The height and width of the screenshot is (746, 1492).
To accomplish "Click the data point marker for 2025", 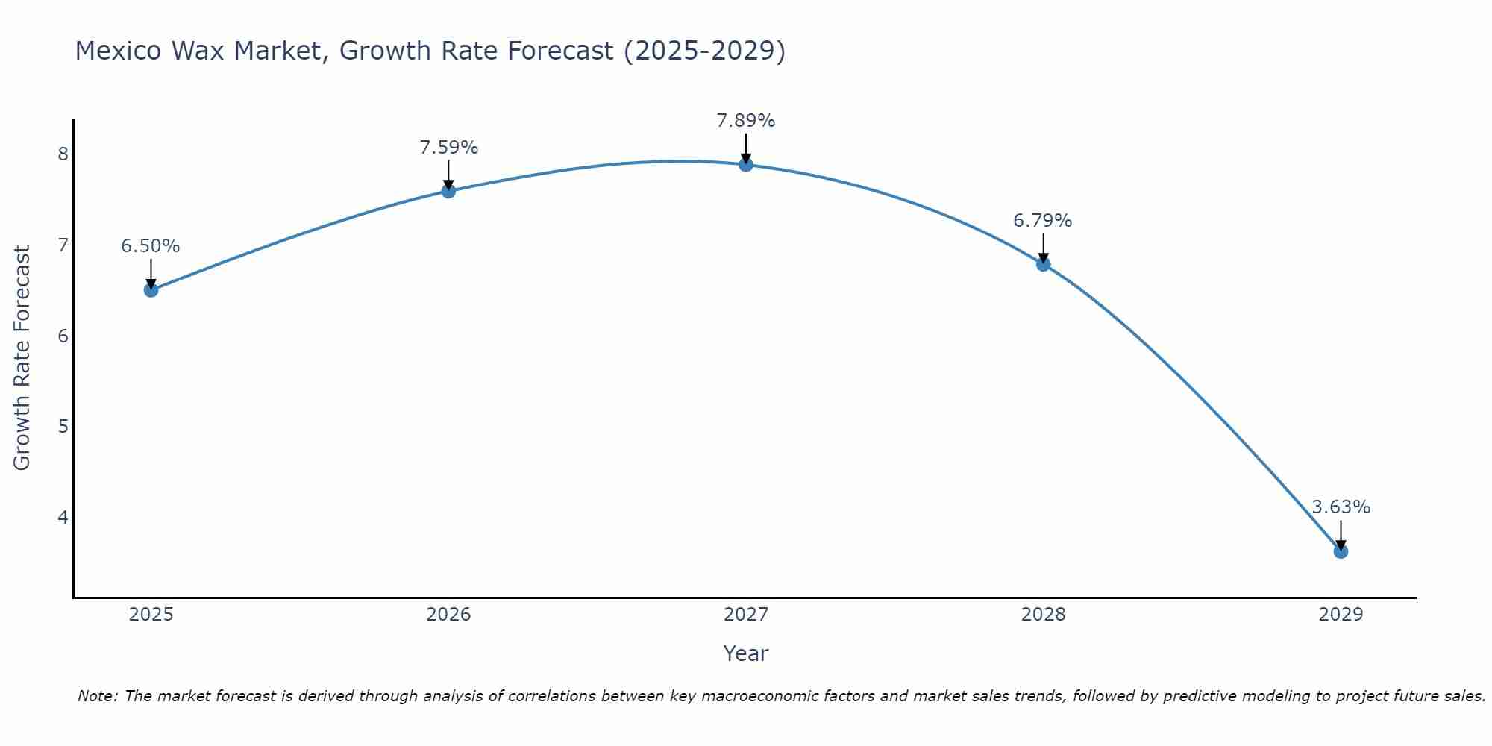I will point(151,290).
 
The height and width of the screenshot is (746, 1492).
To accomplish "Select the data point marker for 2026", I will point(448,191).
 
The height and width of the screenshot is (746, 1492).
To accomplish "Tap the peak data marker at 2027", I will point(746,164).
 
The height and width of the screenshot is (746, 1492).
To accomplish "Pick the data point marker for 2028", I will point(1043,264).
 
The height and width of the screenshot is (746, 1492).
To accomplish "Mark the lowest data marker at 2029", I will point(1341,551).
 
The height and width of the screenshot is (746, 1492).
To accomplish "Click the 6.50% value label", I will point(151,246).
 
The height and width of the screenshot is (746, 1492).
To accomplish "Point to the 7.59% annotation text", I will point(448,148).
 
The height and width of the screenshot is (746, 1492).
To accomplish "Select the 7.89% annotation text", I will point(746,121).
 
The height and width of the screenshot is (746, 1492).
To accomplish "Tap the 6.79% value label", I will point(1042,221).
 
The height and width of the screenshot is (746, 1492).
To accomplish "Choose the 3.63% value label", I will point(1341,507).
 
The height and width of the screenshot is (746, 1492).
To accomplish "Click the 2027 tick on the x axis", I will point(746,615).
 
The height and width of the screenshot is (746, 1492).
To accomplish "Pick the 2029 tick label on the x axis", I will point(1341,615).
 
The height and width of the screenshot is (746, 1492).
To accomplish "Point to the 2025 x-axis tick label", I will point(151,615).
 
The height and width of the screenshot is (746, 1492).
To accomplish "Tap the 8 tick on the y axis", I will point(63,154).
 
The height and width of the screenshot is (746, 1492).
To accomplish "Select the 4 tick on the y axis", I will point(63,517).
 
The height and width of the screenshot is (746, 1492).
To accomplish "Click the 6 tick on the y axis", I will point(63,336).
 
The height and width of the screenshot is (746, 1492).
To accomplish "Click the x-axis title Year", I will point(745,653).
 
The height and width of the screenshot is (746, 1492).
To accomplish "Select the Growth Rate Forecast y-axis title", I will point(22,358).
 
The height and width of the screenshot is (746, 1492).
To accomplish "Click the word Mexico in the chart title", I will point(119,51).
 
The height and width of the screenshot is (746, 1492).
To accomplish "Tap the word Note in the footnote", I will point(97,696).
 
